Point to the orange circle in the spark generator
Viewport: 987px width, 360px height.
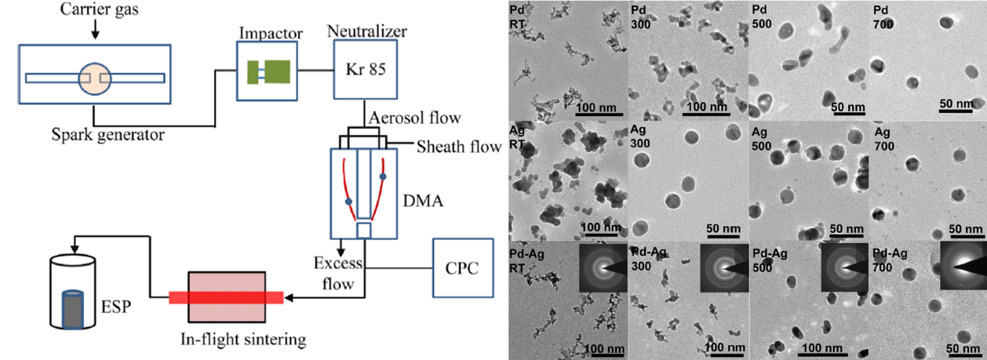point(94,78)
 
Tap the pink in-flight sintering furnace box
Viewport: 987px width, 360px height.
point(227,297)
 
